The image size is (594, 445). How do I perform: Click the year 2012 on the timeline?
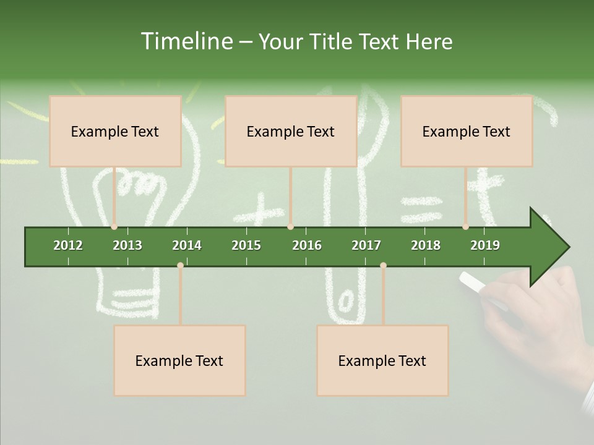coord(68,245)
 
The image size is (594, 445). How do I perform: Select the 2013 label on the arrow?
coord(127,245)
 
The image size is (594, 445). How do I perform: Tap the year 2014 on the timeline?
coord(187,245)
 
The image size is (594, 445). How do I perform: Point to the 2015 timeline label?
coord(246,245)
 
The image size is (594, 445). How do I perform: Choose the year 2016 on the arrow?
coord(307,245)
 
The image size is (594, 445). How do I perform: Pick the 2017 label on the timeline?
coord(366,245)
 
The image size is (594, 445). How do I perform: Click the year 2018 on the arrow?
coord(426,245)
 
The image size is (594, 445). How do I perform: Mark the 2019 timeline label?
coord(485,245)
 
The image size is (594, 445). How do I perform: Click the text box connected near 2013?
coord(115,131)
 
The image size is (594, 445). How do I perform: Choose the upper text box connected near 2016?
coord(291,131)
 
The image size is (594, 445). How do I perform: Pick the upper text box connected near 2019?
coord(467,131)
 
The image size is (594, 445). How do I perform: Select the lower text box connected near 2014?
coord(179,360)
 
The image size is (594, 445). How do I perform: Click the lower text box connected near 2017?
coord(382,360)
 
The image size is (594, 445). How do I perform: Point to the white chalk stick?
coord(473,282)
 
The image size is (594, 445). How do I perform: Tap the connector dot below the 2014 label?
coord(180,265)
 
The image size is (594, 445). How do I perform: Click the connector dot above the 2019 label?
coord(466,227)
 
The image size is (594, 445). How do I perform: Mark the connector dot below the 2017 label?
coord(383,265)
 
